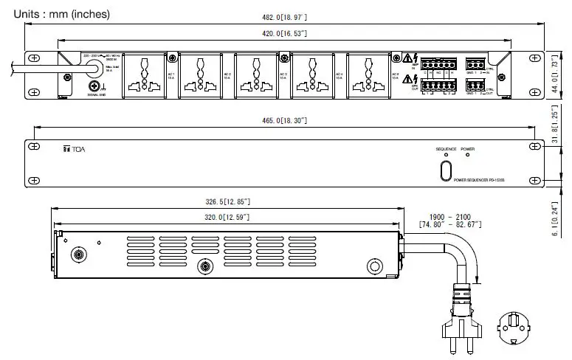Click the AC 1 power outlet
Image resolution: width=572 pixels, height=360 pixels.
144,75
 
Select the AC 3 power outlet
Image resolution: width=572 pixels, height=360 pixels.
255,75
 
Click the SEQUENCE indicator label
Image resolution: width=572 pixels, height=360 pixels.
446,149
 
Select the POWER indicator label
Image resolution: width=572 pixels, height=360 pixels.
468,149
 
